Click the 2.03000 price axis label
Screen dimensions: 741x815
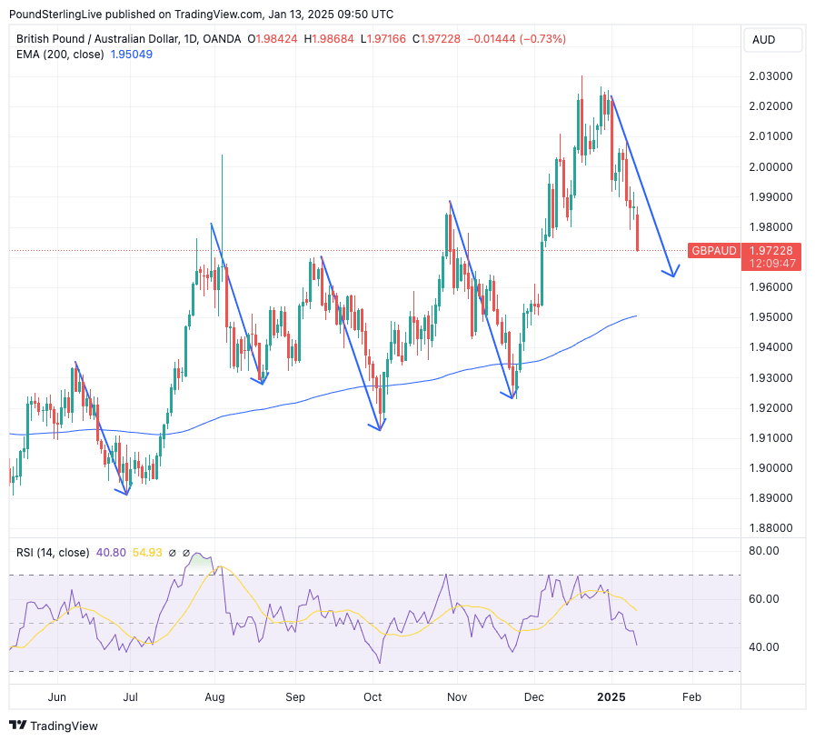[770, 76]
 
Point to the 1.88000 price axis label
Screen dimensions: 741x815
[770, 528]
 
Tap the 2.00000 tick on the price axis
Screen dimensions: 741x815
[770, 167]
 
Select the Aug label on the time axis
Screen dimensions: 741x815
[214, 697]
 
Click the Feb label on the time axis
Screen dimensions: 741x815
[691, 697]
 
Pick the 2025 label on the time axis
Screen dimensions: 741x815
[611, 697]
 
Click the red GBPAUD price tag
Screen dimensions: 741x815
[713, 250]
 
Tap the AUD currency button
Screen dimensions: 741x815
[763, 40]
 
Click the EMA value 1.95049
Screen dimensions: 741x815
[131, 55]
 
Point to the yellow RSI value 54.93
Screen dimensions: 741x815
[147, 552]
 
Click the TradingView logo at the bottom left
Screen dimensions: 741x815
[54, 726]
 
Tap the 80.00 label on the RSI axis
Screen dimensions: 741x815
[763, 550]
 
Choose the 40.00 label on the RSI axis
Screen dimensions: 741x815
[763, 647]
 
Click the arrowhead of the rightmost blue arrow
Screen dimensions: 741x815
[673, 274]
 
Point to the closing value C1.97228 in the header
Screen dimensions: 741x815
[439, 39]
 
